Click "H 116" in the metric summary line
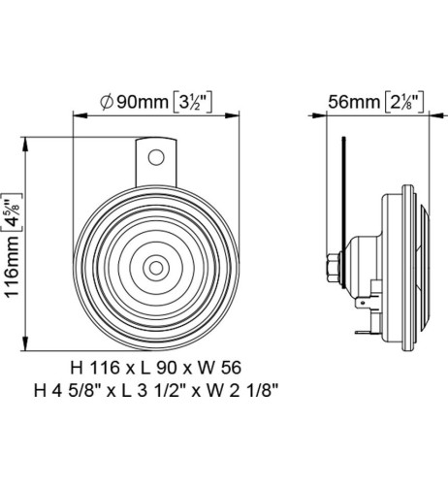coord(94,370)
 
